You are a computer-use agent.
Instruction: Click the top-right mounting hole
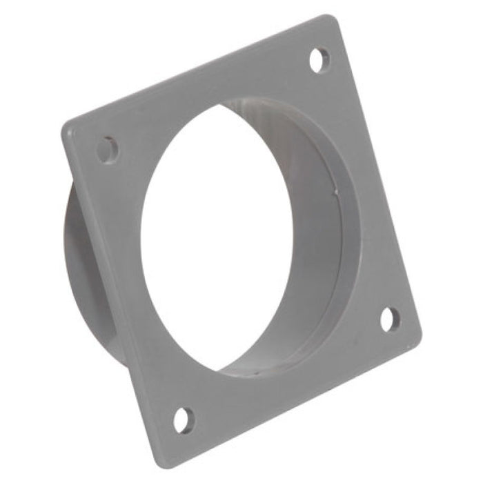[x=319, y=60]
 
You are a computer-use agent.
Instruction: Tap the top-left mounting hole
[x=108, y=150]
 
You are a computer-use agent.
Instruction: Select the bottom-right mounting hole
[x=389, y=319]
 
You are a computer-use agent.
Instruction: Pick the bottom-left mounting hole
[x=184, y=418]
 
